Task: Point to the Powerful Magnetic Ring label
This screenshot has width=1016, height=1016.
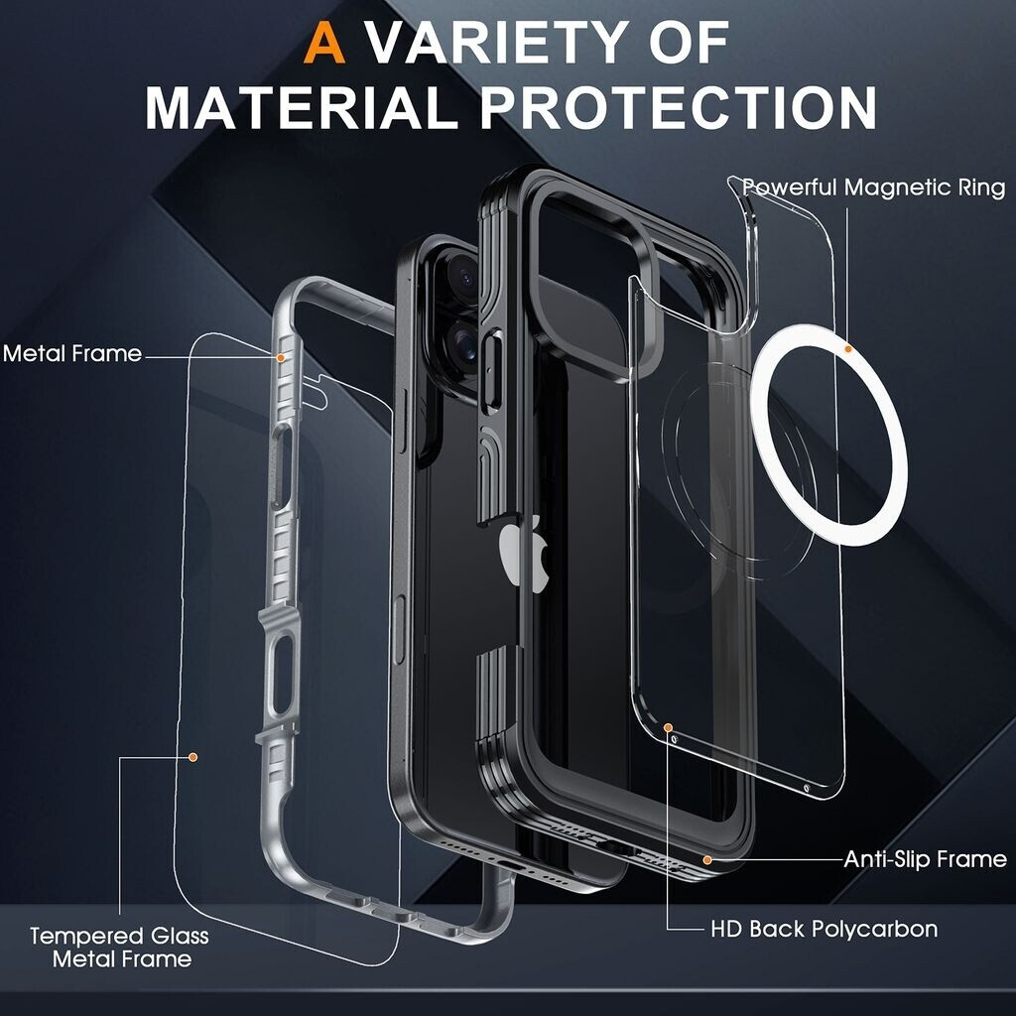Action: click(x=873, y=187)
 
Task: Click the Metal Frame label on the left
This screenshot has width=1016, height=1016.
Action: click(x=72, y=353)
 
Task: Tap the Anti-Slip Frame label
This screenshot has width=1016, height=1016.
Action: click(x=925, y=859)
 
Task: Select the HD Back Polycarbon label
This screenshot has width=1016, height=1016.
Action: click(x=824, y=930)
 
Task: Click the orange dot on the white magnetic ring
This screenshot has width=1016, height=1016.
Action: click(x=848, y=349)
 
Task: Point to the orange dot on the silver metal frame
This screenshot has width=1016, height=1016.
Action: click(x=282, y=355)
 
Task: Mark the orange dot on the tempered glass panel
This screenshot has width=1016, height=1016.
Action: click(x=193, y=758)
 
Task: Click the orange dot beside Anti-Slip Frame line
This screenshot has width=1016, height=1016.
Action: click(x=707, y=859)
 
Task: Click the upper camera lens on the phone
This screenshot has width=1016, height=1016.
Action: click(x=462, y=270)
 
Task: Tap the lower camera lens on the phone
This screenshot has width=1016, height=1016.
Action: click(x=464, y=346)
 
